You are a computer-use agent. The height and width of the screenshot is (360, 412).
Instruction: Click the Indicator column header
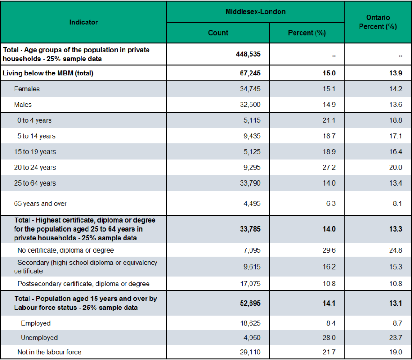[83, 22]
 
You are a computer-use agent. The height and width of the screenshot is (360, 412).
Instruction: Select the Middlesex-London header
[256, 12]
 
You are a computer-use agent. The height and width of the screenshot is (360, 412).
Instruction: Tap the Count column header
[218, 33]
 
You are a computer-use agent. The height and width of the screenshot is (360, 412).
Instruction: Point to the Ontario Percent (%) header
[378, 22]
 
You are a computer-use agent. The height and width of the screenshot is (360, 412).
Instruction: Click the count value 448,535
[248, 54]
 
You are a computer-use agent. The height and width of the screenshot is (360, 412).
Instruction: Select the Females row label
[27, 89]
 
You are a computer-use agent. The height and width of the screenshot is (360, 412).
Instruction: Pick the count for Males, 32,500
[250, 105]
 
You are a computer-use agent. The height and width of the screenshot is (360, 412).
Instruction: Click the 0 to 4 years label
[35, 120]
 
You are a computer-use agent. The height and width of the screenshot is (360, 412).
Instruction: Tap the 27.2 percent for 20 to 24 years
[329, 168]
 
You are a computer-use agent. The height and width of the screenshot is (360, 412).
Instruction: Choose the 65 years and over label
[40, 204]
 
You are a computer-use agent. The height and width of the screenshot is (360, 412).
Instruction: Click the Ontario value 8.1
[397, 204]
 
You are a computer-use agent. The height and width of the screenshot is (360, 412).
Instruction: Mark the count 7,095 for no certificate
[252, 250]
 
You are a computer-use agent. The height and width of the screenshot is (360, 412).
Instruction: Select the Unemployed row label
[39, 338]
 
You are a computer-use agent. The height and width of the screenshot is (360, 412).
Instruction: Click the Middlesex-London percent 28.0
[329, 338]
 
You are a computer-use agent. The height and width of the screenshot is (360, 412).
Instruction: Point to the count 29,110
[250, 352]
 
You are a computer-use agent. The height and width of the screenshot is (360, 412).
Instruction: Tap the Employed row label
[36, 323]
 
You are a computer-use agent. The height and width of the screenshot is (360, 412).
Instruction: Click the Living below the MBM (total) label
[48, 73]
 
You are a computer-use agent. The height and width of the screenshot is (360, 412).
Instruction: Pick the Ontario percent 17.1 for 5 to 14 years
[396, 136]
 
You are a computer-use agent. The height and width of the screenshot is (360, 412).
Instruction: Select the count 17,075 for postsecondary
[250, 284]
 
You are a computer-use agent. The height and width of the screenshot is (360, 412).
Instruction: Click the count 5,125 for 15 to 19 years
[252, 152]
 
